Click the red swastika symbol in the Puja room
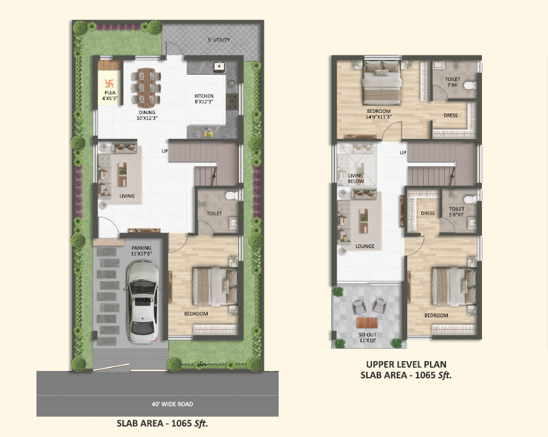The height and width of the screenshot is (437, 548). (x=109, y=83)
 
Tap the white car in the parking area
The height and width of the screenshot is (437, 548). (x=142, y=302)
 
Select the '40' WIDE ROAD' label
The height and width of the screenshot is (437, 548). (x=172, y=404)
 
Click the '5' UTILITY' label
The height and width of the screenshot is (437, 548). (x=219, y=40)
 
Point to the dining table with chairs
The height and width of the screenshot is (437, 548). (x=146, y=87)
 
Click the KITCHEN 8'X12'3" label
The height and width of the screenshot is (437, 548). (x=204, y=99)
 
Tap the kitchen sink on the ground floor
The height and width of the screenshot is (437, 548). (x=219, y=67)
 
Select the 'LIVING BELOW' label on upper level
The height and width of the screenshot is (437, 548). (x=356, y=178)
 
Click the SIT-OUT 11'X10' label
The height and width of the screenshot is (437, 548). (x=368, y=338)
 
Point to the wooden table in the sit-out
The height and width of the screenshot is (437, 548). (x=367, y=323)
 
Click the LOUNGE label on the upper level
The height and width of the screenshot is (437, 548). (x=365, y=246)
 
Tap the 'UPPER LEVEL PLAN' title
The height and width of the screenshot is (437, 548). (x=406, y=364)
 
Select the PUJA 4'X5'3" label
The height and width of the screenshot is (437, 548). (x=110, y=96)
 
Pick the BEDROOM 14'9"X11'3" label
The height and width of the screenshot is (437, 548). (x=379, y=114)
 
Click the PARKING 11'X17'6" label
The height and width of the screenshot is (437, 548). (x=141, y=251)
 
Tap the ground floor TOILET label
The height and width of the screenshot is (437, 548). (x=214, y=214)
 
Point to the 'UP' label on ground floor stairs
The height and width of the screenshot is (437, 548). (x=164, y=151)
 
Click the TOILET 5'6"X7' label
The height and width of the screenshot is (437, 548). (x=457, y=212)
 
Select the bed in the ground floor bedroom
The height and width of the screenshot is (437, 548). (x=215, y=286)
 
